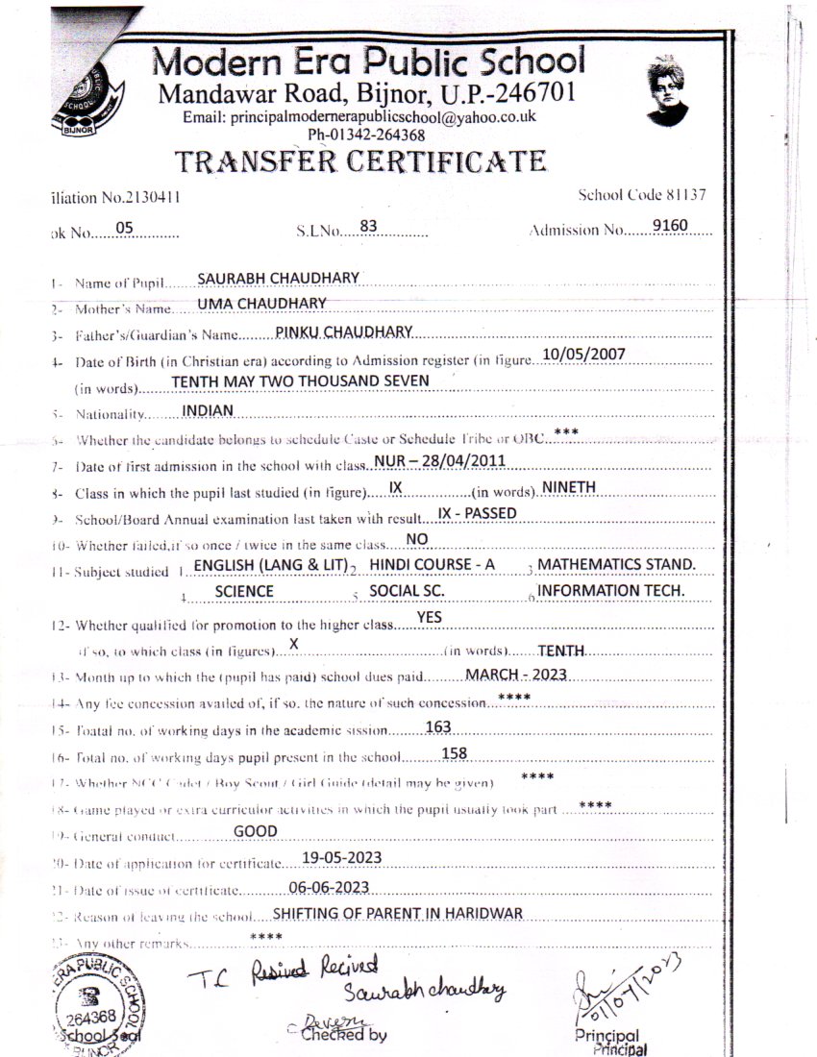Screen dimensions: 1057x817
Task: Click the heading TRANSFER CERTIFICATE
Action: coord(360,160)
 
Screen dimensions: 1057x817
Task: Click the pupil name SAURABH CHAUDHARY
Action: coord(278,278)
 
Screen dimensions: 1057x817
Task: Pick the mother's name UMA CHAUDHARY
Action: coord(261,304)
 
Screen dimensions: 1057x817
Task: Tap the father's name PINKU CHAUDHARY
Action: coord(343,332)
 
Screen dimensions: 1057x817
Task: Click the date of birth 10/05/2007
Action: coord(583,354)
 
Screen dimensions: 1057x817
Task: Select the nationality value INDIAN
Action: coord(208,409)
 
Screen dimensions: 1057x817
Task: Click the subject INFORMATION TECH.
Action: coord(610,590)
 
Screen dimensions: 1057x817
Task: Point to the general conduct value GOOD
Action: coord(256,831)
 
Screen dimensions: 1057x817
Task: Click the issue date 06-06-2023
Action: coord(329,886)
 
